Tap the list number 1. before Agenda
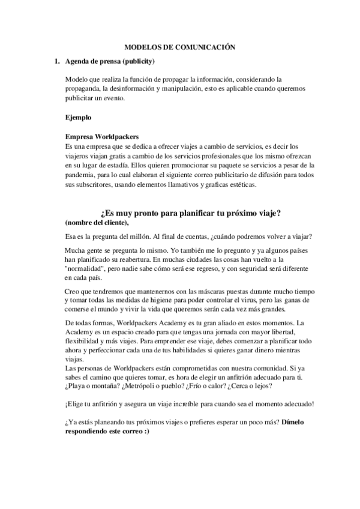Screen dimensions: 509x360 57,61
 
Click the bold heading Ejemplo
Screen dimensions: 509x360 79,117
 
